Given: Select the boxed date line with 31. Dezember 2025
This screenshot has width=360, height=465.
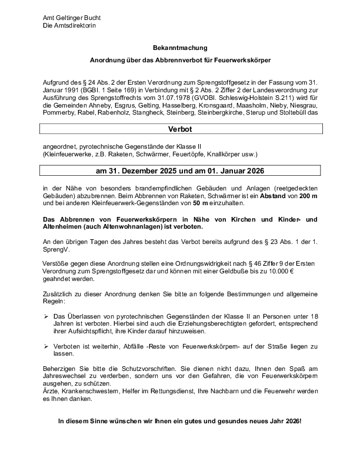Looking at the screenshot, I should [x=179, y=171].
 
